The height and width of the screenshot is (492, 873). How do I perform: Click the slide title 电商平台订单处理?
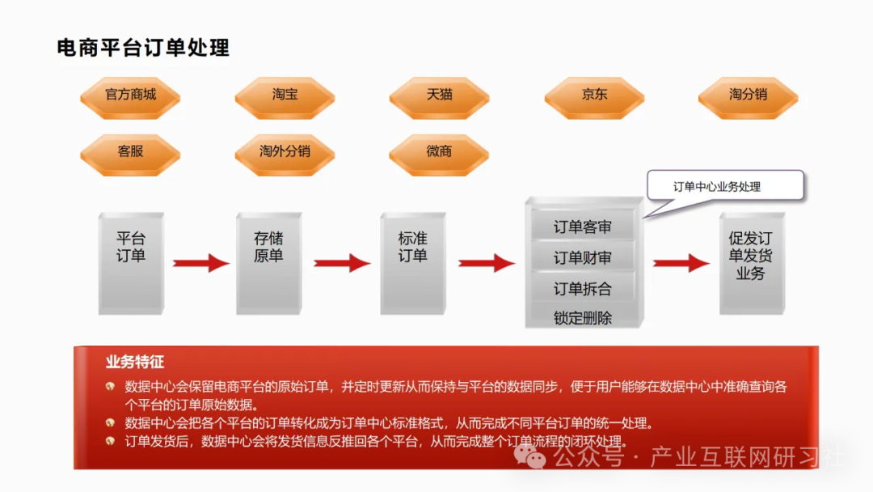(x=143, y=48)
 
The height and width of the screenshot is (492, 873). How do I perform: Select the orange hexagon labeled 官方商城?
(x=130, y=95)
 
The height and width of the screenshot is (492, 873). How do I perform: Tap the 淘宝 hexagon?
(x=285, y=95)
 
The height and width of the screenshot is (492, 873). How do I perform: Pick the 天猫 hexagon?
(x=439, y=95)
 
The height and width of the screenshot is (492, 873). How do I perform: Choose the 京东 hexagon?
(x=594, y=95)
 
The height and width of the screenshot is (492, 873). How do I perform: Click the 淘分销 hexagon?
(x=748, y=95)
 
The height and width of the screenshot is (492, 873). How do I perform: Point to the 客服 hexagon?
(x=130, y=152)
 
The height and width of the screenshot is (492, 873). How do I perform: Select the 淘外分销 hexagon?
(x=285, y=152)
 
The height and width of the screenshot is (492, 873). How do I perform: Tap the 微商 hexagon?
(x=439, y=152)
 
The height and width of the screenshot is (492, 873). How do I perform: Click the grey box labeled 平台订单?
(x=131, y=263)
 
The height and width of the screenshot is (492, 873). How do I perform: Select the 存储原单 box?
(x=268, y=263)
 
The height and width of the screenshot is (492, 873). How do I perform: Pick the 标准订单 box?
(x=412, y=263)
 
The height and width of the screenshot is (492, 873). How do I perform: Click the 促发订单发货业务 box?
(x=751, y=263)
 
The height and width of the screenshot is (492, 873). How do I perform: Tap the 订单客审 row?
(x=582, y=227)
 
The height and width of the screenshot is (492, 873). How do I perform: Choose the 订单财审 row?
(x=582, y=258)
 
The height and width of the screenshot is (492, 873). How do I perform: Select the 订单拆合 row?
(x=582, y=289)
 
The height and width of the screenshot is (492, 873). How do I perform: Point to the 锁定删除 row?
(x=582, y=317)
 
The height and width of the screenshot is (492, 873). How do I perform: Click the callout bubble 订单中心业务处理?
(x=724, y=186)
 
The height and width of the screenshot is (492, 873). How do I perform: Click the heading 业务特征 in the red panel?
(x=135, y=362)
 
